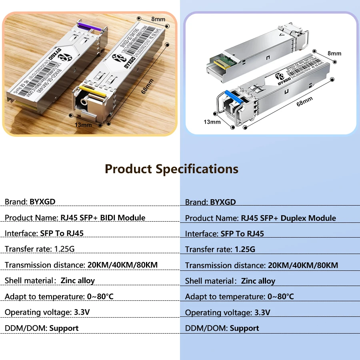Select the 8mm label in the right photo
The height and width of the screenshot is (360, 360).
coord(334,53)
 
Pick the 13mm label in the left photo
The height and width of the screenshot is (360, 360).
coord(83,125)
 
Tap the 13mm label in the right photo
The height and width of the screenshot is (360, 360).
coord(212,122)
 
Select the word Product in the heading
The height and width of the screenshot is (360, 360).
coord(128,169)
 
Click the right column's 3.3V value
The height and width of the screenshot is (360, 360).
coord(262,312)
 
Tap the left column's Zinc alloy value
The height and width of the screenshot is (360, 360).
coord(78,280)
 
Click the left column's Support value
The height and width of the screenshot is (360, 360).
coord(64,328)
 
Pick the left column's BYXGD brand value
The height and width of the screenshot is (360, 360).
coord(42,202)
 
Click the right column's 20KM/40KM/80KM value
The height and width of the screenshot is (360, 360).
coord(303,265)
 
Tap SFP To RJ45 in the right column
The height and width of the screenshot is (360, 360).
coord(242,234)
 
